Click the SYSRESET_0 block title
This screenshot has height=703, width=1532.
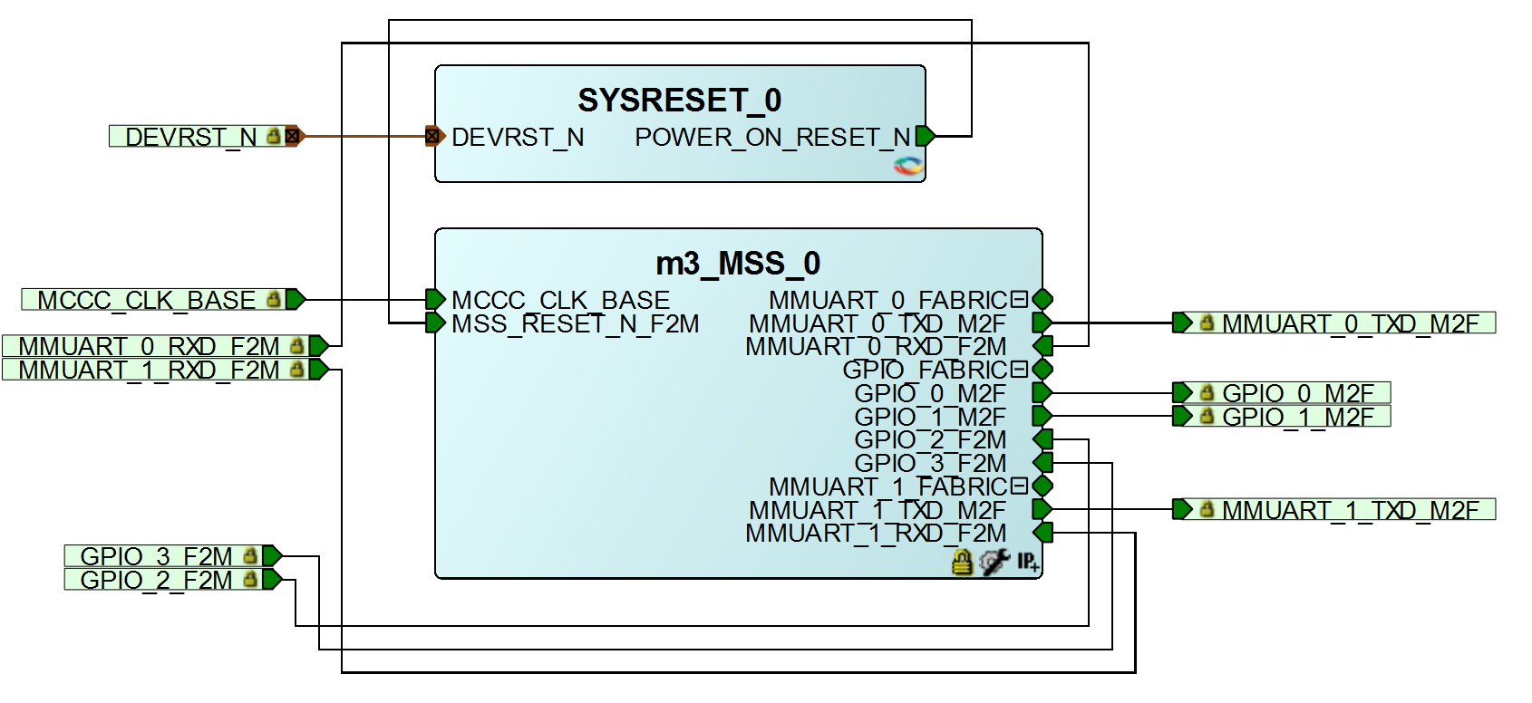tap(679, 100)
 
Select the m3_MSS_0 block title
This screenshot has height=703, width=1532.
tap(737, 264)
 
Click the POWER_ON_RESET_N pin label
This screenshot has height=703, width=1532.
tap(772, 138)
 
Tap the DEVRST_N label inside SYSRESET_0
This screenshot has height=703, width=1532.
tap(518, 138)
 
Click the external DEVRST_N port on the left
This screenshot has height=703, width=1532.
tap(191, 137)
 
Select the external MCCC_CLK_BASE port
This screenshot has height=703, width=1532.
tap(147, 300)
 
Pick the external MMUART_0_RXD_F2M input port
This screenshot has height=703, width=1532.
tap(150, 346)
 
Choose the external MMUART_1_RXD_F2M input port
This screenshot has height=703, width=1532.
tap(150, 370)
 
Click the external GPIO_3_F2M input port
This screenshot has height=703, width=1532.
tap(157, 555)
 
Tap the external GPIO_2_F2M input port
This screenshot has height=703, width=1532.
tap(157, 579)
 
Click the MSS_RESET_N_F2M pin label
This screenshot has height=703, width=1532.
tap(576, 324)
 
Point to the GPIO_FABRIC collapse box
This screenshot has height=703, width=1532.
tap(1019, 370)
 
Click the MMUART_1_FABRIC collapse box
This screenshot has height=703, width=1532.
tap(1019, 486)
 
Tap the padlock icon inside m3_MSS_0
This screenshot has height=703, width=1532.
tap(963, 563)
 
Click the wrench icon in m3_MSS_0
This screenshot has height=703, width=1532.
tap(994, 563)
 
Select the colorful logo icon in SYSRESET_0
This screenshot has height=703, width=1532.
tap(908, 166)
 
